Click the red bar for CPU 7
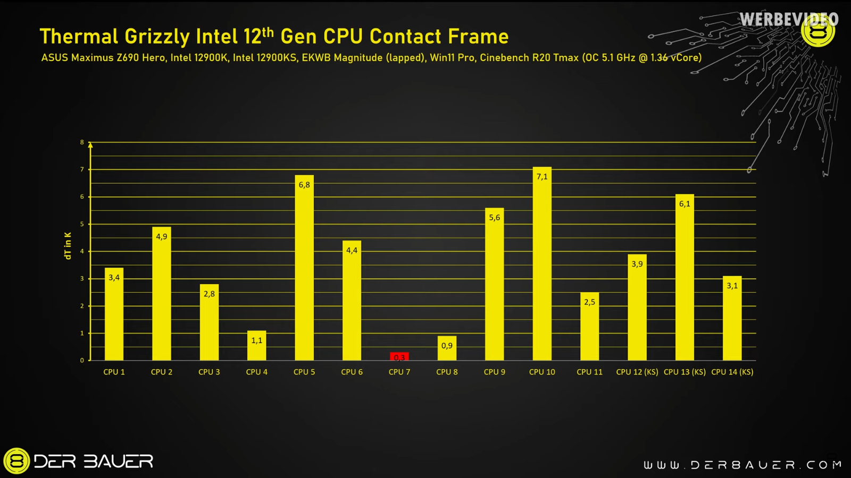(x=399, y=356)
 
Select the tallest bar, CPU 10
(x=542, y=266)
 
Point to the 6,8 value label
(x=304, y=185)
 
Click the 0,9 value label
(x=447, y=346)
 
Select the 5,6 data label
(x=495, y=217)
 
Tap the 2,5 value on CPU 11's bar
(x=589, y=302)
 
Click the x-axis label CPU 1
(x=114, y=372)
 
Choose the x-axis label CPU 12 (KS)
(x=637, y=372)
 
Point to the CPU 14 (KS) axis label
(x=732, y=372)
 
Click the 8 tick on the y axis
(x=82, y=142)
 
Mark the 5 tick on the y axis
(x=82, y=224)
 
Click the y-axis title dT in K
(x=68, y=245)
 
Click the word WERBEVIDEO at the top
(x=788, y=20)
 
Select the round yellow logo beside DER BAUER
(x=16, y=460)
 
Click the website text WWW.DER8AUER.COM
(x=742, y=465)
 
